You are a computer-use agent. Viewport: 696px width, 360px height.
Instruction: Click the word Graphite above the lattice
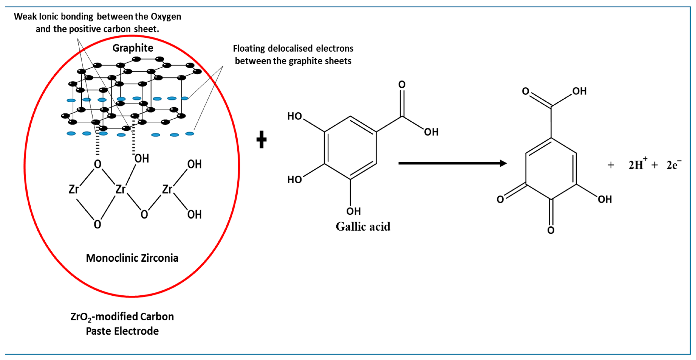133,48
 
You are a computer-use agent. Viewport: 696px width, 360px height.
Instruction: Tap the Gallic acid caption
363,227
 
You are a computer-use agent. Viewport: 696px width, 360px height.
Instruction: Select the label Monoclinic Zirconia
132,258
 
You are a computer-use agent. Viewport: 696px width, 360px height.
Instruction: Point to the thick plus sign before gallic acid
261,140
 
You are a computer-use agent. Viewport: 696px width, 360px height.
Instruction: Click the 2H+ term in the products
637,165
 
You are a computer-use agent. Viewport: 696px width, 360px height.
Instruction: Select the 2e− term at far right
673,165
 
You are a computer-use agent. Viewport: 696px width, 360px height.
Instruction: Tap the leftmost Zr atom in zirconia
73,189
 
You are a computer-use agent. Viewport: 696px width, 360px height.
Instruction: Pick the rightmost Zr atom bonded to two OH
167,189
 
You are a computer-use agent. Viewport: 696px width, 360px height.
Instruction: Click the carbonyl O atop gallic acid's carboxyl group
402,85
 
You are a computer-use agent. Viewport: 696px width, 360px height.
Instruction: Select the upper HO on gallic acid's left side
295,116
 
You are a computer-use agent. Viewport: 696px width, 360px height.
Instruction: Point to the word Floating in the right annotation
249,49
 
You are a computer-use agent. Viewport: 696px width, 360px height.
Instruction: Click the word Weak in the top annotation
25,16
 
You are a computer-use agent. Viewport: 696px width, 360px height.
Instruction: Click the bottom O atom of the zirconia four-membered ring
97,224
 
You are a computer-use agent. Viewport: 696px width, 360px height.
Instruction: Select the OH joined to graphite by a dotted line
142,158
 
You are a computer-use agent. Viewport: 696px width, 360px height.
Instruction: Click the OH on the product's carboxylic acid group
579,91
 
